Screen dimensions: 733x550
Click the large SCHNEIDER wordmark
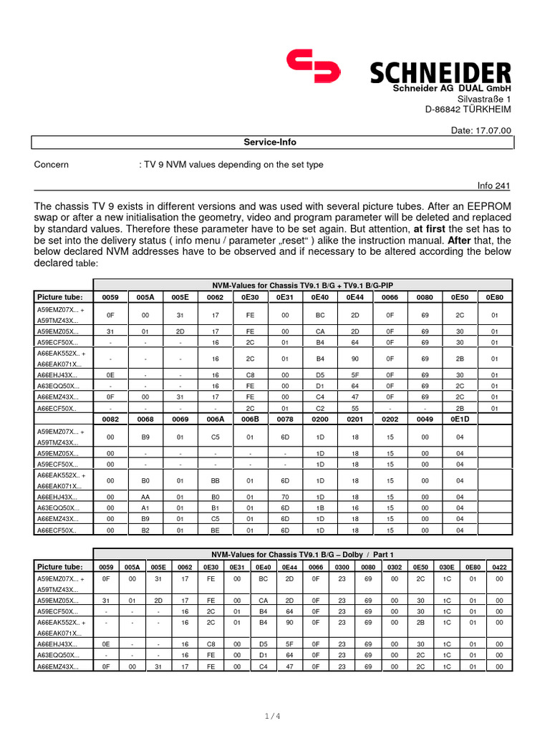coord(440,72)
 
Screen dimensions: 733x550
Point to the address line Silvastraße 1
coord(484,99)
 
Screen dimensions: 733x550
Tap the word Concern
coord(52,165)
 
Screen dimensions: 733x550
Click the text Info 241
coord(494,186)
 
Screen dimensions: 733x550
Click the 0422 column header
coord(499,566)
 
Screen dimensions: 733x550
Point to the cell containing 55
coord(355,408)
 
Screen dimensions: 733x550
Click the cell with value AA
coord(145,497)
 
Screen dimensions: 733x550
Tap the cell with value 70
coord(285,497)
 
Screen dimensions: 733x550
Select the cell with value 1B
coord(320,508)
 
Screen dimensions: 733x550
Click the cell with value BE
coord(216,530)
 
